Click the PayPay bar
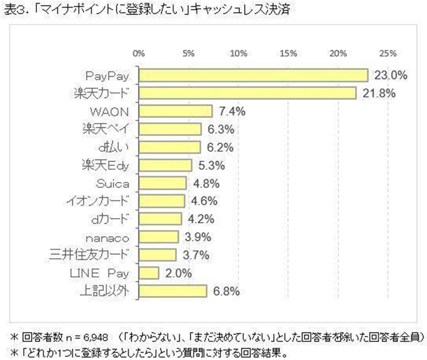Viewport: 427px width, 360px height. point(254,75)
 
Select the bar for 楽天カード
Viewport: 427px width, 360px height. point(248,93)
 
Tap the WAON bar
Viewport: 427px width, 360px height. point(176,111)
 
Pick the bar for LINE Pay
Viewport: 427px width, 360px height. point(149,273)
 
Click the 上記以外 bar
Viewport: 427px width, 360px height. point(173,291)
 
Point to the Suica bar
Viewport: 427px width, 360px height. point(163,183)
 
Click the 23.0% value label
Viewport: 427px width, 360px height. point(391,75)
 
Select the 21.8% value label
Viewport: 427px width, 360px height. point(379,93)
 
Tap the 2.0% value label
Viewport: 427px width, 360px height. point(178,273)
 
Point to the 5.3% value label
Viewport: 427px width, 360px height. point(211,166)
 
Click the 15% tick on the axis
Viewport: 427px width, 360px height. point(289,53)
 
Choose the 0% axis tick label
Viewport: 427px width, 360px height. point(139,53)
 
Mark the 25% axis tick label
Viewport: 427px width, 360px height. point(388,53)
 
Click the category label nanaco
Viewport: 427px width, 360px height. point(107,239)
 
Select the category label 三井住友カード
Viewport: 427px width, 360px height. point(89,255)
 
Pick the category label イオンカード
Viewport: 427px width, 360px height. point(97,201)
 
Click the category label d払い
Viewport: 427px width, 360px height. point(113,147)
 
